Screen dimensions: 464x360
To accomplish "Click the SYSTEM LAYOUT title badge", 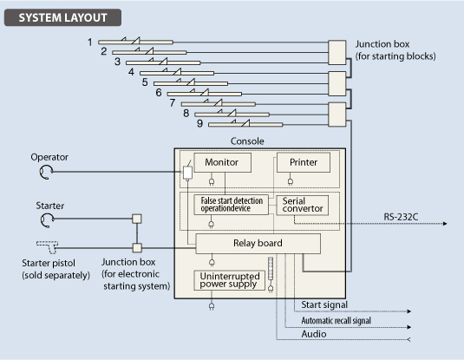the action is point(62,17).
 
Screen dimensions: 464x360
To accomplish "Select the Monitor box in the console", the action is point(222,162).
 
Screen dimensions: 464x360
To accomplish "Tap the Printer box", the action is point(304,162).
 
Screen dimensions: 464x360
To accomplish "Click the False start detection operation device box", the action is point(231,205).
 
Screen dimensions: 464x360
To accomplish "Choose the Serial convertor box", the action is point(302,205).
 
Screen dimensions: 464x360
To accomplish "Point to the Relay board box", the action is point(258,244).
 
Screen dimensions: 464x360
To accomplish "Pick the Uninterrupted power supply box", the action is point(229,280).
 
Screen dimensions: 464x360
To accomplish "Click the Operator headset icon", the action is point(46,172).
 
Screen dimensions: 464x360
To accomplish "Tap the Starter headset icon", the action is point(47,220).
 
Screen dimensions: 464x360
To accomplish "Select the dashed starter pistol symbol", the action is point(48,247).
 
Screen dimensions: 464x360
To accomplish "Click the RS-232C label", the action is point(401,217).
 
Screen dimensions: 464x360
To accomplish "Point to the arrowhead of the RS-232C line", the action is point(445,224).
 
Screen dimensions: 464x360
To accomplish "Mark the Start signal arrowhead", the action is point(409,311).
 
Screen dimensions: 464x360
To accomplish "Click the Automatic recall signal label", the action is point(337,320).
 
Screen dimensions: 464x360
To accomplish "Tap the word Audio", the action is point(314,334).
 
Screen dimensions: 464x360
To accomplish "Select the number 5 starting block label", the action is point(145,82).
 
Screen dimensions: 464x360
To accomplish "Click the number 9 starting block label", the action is point(200,123).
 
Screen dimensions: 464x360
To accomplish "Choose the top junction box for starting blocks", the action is point(337,52).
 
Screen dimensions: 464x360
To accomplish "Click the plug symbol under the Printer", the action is point(291,181).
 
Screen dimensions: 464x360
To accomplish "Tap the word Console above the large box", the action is point(247,141).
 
